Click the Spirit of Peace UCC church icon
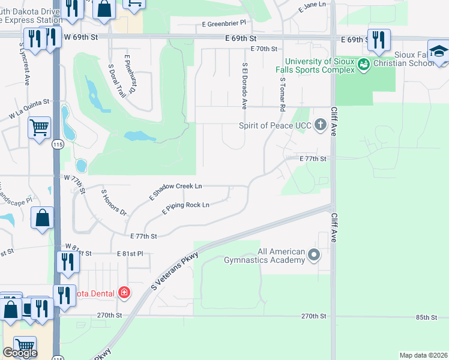(x=321, y=125)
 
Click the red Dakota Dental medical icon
(x=124, y=292)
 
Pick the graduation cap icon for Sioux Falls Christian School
(x=438, y=52)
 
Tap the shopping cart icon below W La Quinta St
(x=39, y=127)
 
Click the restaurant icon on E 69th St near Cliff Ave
(x=378, y=40)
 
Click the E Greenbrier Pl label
(x=224, y=23)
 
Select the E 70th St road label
(x=264, y=49)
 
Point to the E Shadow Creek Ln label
(x=175, y=191)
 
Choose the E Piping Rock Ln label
(x=185, y=208)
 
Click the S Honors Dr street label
(x=114, y=203)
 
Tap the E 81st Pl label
(x=130, y=254)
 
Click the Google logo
(x=20, y=353)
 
